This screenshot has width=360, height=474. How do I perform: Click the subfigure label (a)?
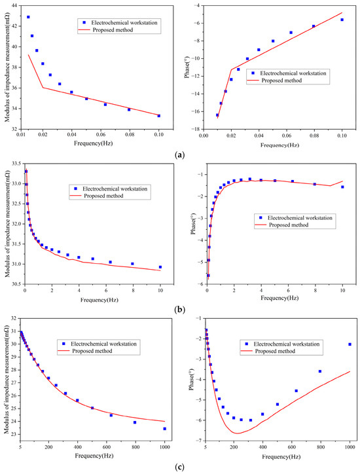click(x=179, y=155)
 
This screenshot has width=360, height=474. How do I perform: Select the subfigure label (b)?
click(x=179, y=310)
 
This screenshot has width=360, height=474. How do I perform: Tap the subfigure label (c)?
click(x=179, y=467)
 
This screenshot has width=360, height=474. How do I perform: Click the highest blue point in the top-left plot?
click(x=28, y=17)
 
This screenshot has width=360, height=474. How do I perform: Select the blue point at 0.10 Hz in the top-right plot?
click(x=342, y=20)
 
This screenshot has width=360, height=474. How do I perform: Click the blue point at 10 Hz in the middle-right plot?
click(x=342, y=187)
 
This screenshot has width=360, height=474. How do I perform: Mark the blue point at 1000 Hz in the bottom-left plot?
click(x=165, y=429)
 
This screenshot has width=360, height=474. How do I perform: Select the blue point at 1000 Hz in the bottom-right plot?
click(x=350, y=344)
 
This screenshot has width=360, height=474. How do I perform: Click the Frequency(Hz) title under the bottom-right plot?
click(x=281, y=456)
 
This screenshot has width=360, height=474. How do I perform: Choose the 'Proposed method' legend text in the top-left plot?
click(x=113, y=30)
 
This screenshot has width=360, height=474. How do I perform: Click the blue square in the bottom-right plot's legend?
click(x=246, y=344)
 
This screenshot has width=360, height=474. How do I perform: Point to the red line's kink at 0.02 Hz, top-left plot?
click(x=43, y=88)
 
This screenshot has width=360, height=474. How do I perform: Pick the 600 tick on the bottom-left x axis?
click(x=107, y=447)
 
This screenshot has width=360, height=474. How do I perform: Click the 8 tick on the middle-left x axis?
click(x=133, y=290)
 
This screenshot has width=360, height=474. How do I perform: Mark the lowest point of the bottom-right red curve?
click(x=238, y=433)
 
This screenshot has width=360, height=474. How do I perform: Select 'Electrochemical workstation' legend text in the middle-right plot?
click(x=300, y=217)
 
